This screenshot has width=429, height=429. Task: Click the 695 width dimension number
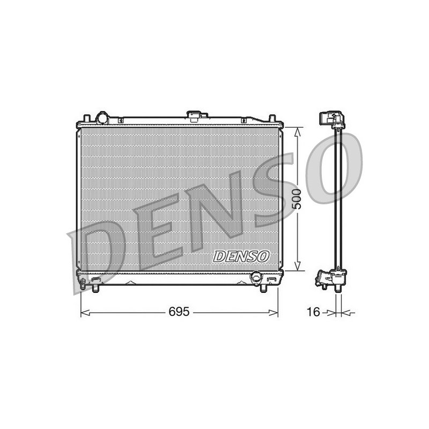(179, 312)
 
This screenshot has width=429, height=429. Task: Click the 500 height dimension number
(297, 199)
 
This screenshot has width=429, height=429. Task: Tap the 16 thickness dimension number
(314, 312)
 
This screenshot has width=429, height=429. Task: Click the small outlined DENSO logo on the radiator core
(241, 256)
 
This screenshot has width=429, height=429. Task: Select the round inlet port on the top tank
(102, 118)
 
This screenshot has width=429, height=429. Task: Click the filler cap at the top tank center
(194, 116)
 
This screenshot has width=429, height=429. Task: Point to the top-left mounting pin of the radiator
(87, 118)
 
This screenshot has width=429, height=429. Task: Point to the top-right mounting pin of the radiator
(272, 118)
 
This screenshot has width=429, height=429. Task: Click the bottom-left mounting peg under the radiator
(95, 289)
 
